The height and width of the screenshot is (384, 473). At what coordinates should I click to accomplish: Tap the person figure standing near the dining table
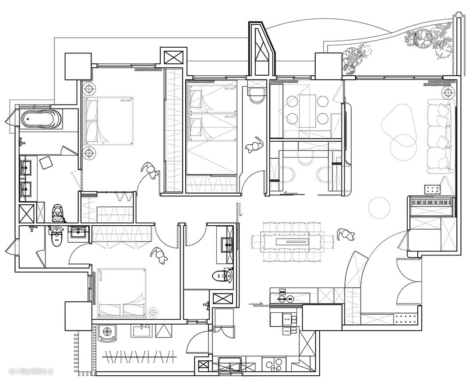point(346,235)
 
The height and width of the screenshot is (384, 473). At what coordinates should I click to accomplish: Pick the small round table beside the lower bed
point(152,312)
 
